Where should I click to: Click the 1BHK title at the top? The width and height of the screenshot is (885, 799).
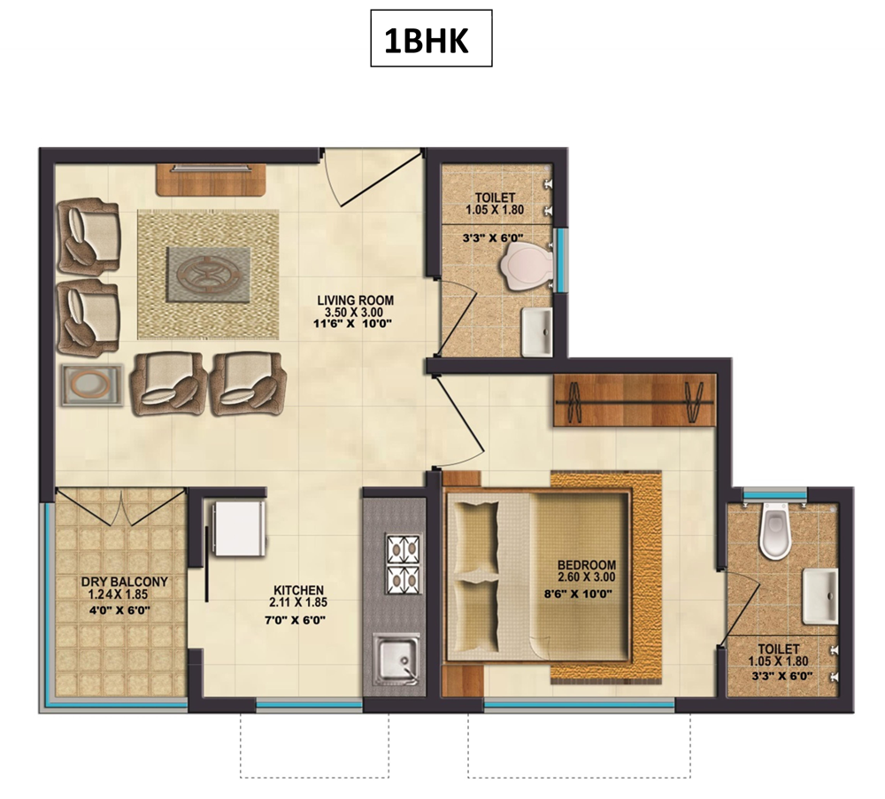(427, 40)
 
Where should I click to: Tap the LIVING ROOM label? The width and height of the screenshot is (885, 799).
(355, 300)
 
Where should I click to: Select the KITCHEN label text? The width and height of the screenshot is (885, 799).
(298, 591)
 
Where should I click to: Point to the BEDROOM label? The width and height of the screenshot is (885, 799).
(587, 565)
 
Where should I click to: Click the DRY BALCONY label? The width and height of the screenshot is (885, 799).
(124, 581)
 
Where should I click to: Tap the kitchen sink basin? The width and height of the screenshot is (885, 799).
(396, 660)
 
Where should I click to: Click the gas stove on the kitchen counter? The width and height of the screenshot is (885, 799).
(403, 564)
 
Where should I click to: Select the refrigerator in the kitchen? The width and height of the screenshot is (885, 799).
(238, 528)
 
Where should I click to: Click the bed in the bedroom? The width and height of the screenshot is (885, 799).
(537, 576)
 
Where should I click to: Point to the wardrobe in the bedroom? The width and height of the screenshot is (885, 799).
(635, 399)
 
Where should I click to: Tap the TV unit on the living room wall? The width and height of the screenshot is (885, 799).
(211, 180)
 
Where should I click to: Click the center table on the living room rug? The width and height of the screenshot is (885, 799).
(208, 275)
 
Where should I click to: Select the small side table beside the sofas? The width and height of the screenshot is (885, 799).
(92, 385)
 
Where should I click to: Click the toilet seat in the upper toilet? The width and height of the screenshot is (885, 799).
(527, 263)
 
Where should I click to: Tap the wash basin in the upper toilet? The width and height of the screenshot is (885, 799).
(536, 331)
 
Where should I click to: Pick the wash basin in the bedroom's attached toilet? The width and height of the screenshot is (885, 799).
(820, 597)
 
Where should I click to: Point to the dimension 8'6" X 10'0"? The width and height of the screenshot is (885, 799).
(579, 593)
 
